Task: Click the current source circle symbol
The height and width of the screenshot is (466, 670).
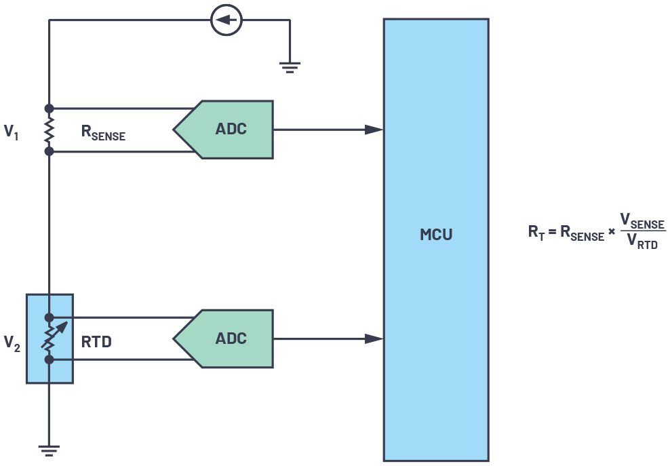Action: [226, 20]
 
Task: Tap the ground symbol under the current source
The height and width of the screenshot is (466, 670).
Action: [290, 66]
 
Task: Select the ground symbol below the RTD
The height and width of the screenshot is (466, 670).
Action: [49, 450]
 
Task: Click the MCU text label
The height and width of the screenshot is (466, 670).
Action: [436, 235]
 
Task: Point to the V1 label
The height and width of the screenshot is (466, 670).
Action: [12, 132]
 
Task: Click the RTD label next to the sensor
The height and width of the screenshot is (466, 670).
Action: [96, 343]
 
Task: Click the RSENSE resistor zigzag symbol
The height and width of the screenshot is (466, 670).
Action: [49, 130]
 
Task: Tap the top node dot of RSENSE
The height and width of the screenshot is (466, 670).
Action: [49, 109]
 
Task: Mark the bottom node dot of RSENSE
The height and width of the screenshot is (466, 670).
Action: [49, 151]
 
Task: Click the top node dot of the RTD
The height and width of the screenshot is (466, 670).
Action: [49, 317]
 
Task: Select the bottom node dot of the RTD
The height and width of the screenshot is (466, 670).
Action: [49, 360]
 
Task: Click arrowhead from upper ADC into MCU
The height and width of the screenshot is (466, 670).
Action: [374, 130]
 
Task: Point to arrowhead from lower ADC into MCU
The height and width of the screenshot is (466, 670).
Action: [374, 338]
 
